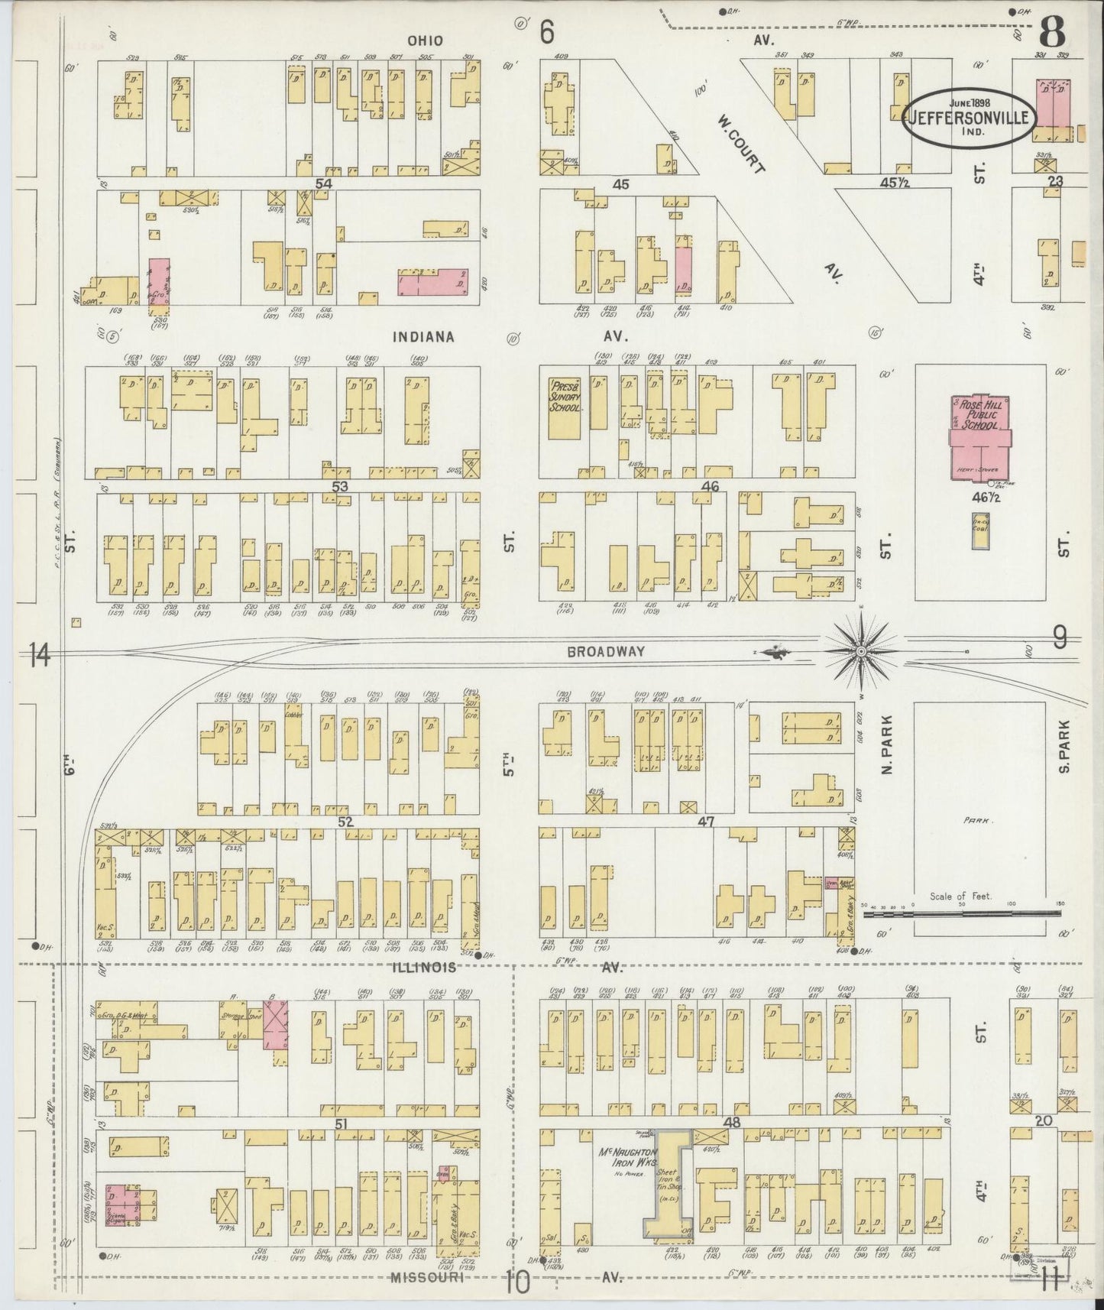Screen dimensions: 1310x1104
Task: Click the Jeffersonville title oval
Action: [x=970, y=117]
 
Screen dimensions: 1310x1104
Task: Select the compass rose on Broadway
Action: [x=861, y=651]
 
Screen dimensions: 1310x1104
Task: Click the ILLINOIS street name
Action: [x=425, y=968]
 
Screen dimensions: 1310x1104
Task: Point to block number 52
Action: [x=345, y=822]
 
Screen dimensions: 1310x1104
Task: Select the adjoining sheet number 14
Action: [x=40, y=655]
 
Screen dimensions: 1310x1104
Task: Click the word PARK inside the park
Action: [x=977, y=820]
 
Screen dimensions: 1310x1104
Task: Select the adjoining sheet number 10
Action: [x=516, y=1282]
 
